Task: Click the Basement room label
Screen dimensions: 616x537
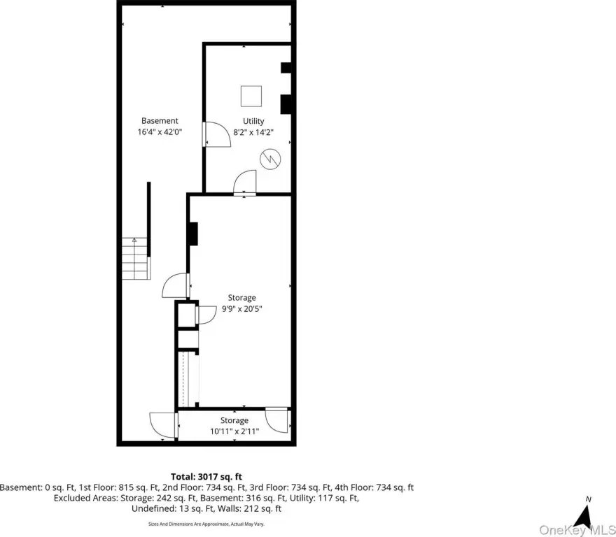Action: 160,121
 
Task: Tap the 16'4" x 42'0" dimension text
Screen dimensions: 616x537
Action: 160,132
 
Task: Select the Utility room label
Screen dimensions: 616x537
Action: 253,121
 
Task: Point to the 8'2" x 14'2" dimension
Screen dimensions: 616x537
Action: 253,132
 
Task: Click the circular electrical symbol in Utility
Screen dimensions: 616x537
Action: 270,159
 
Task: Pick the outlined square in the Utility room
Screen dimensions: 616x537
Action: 251,96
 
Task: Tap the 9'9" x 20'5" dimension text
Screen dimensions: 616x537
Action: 242,308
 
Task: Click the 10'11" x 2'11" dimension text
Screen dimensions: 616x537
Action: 234,431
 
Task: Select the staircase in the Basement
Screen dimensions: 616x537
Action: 136,258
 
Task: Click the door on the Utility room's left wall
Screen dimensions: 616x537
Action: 216,134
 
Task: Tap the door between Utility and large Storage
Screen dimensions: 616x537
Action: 245,182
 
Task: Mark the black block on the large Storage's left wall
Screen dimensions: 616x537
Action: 193,234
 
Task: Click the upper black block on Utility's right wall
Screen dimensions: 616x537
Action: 286,68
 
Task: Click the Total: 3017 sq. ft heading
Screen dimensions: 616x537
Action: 206,477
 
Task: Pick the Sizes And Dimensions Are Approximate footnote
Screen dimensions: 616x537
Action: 206,524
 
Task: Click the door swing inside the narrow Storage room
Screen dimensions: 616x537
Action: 277,420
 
